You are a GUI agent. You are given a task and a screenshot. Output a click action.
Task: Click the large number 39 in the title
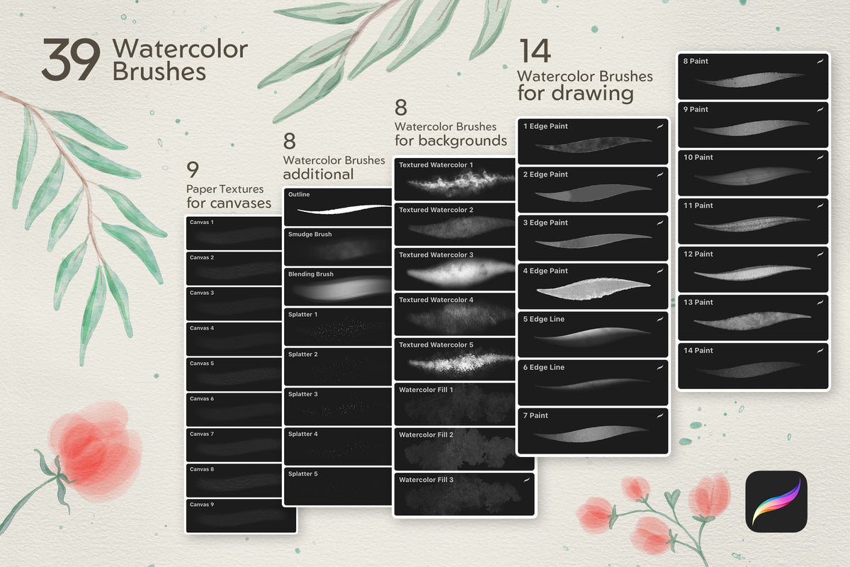point(71,60)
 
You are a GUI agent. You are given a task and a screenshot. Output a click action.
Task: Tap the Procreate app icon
point(776,501)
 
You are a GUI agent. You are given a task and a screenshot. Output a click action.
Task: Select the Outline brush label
point(299,194)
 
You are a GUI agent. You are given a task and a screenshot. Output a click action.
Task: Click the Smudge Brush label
point(310,235)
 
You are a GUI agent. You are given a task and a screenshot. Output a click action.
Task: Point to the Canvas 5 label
point(202,364)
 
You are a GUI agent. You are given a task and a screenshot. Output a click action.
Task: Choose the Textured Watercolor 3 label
point(436,255)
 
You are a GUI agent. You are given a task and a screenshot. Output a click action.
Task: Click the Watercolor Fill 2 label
point(426,435)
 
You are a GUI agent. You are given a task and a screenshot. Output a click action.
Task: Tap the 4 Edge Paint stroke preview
point(593,289)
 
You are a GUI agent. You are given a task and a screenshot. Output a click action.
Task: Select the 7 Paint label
point(535,415)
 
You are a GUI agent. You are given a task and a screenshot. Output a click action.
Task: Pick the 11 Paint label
point(698,206)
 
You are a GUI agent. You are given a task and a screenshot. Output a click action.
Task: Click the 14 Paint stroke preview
point(748,369)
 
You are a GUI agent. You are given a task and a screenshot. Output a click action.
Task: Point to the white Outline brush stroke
point(344,209)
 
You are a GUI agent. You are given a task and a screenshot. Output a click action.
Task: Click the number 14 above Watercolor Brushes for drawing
point(535,50)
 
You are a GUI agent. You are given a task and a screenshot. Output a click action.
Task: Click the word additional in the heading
point(318,174)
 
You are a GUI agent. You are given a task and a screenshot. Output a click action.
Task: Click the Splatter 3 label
point(303,394)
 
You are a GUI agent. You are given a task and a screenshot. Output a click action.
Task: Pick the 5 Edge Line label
point(544,319)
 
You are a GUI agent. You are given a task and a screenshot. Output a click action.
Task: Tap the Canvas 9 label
point(202,505)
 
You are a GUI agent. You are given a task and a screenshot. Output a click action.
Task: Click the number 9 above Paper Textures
point(193,169)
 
